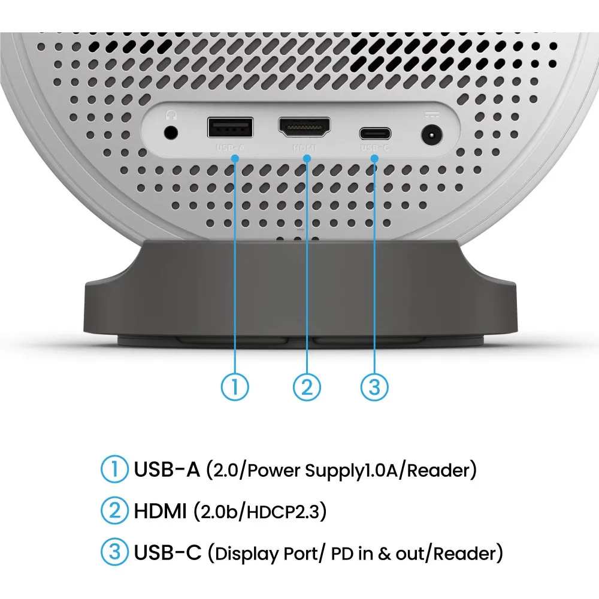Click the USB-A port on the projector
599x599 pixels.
pos(230,127)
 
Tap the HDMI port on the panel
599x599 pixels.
pos(304,127)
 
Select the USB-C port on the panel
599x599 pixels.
pos(375,134)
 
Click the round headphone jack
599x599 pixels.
pos(171,133)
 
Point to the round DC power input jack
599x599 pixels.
pos(432,135)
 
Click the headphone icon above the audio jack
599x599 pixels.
pos(171,114)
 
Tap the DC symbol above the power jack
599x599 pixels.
pos(432,114)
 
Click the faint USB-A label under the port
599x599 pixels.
pos(230,147)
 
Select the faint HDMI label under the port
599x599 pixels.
pos(304,147)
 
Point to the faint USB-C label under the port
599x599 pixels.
pos(375,147)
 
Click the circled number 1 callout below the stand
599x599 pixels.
pos(235,386)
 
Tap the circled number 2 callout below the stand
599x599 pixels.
pos(307,386)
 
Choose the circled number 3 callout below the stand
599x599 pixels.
pos(375,386)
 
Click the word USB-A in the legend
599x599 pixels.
pos(167,469)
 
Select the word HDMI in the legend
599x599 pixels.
pos(160,511)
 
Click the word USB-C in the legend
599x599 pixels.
pos(167,552)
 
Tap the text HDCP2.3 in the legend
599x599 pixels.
pos(283,512)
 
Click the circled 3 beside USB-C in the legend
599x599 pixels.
pos(114,552)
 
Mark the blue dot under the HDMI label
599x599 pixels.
pos(307,158)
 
